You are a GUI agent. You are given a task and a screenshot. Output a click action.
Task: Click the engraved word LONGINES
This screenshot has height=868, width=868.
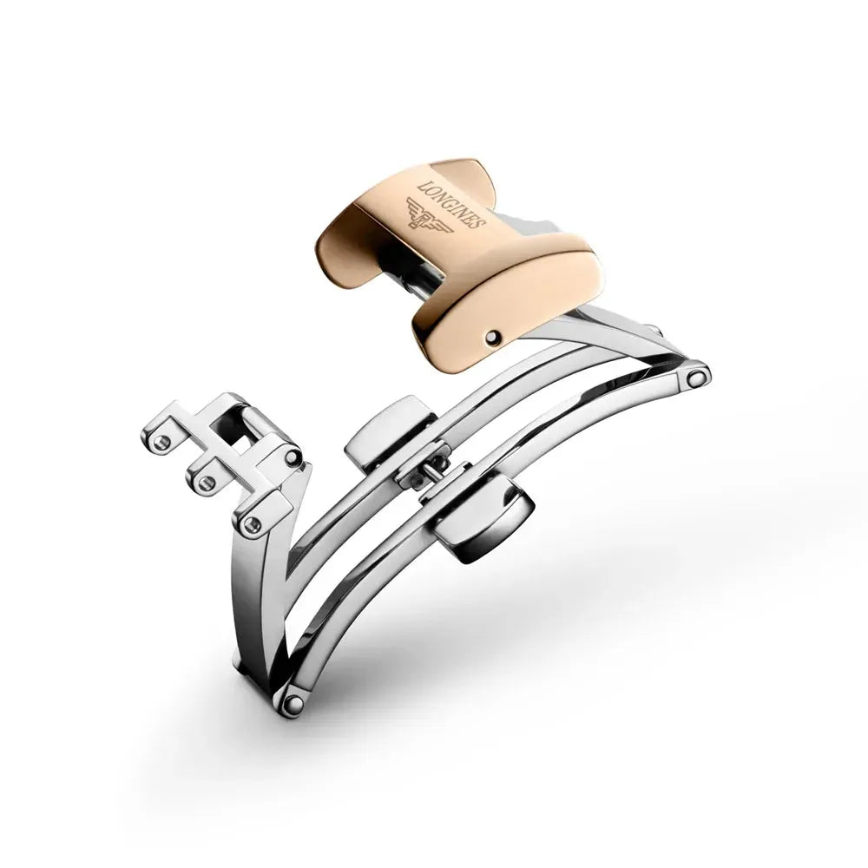451,204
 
